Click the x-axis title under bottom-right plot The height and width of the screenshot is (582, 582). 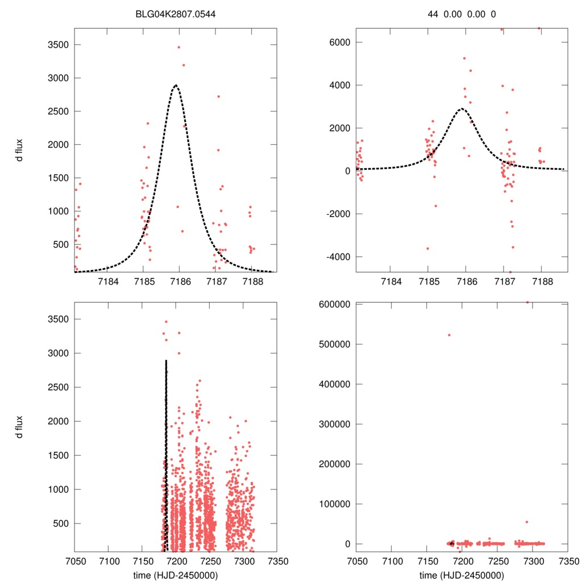click(462, 575)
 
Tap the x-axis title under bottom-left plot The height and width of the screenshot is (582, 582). click(176, 575)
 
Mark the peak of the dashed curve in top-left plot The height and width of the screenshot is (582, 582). click(176, 85)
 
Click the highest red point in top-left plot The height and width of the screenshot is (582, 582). click(178, 47)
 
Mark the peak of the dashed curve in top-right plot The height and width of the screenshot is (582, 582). click(462, 108)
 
